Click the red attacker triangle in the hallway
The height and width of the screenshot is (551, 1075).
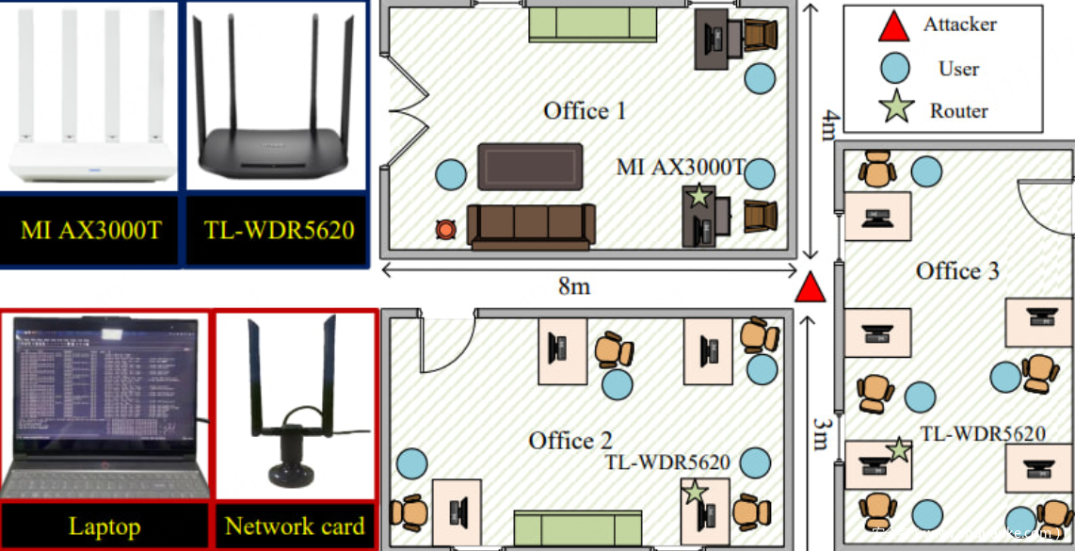(x=810, y=288)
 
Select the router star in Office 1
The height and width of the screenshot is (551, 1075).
(x=698, y=197)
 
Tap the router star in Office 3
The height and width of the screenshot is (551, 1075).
(x=899, y=450)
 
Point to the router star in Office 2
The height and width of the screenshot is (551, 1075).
(x=695, y=492)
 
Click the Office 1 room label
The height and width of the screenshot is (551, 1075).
(x=585, y=111)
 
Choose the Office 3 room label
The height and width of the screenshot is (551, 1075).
(x=957, y=271)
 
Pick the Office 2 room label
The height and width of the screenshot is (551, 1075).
(x=570, y=440)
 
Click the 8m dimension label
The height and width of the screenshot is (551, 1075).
(x=574, y=285)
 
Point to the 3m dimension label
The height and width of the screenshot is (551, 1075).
(x=819, y=436)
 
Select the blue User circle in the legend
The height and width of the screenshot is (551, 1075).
(x=894, y=68)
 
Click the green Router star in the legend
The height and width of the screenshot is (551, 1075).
(x=894, y=108)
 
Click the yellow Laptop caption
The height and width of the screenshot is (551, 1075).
(x=104, y=527)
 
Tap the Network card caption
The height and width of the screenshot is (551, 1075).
(x=295, y=527)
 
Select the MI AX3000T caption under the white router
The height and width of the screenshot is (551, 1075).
(x=90, y=230)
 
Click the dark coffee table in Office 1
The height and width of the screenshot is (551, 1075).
(x=529, y=166)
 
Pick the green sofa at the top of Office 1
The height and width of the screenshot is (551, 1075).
(x=592, y=24)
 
